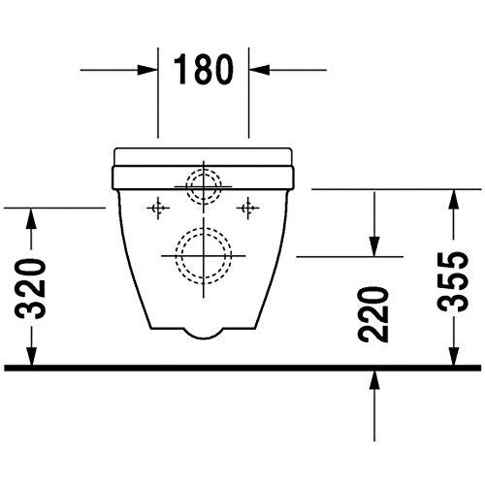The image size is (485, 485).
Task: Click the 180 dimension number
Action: (x=204, y=70)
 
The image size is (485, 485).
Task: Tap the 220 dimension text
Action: (x=374, y=312)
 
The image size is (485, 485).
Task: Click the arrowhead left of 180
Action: (x=147, y=70)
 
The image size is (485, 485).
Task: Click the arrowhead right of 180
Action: (x=260, y=70)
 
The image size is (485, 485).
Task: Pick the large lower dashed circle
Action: (x=204, y=254)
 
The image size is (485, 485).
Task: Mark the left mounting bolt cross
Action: (x=155, y=207)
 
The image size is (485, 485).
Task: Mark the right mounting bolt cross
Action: (x=249, y=207)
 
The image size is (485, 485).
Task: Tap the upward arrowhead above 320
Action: (x=32, y=218)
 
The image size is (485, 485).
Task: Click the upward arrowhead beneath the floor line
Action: (x=374, y=381)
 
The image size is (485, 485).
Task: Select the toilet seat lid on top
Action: (x=204, y=155)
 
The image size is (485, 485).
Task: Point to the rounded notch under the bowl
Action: (x=204, y=331)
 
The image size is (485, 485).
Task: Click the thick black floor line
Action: (x=242, y=368)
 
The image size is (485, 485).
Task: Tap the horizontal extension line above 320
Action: (x=53, y=207)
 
